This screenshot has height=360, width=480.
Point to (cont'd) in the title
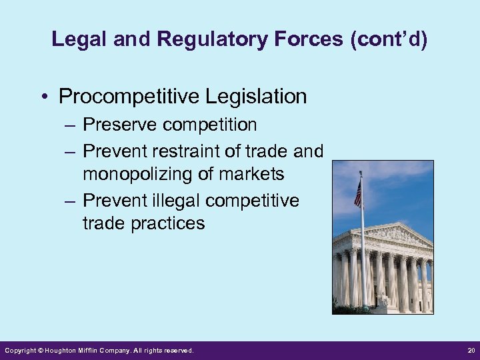388,39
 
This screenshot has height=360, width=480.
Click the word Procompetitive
128,97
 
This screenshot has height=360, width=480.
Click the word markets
250,175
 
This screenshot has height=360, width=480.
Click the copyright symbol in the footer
41,350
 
